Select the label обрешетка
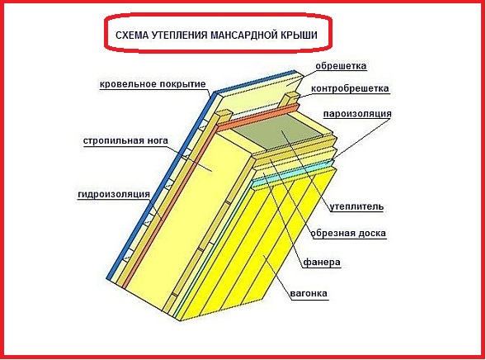[x=341, y=66]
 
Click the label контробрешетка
[x=350, y=88]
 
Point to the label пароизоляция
[x=357, y=114]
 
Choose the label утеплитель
[x=356, y=206]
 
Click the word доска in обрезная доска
[x=372, y=233]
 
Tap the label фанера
[x=322, y=263]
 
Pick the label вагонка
[x=309, y=293]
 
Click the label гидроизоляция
[x=114, y=194]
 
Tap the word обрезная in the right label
[x=333, y=233]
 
